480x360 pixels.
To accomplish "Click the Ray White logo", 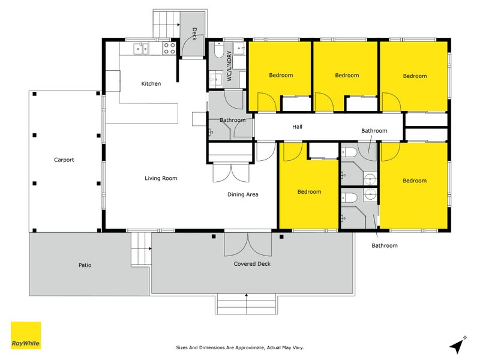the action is (26, 335).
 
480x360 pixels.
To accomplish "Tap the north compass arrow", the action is (457, 345).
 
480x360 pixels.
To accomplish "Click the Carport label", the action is (64, 160).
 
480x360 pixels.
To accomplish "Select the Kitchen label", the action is (151, 83).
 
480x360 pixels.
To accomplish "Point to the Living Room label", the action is (161, 178).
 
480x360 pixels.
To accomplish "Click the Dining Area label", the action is (243, 194).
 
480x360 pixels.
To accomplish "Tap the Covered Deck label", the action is (252, 263).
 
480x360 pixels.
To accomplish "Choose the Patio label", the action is (85, 265).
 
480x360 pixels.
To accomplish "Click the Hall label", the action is (297, 127).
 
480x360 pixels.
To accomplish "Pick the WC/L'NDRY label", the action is (229, 66).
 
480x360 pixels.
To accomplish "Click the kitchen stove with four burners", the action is (169, 48).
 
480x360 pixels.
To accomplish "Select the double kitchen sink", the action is (141, 49).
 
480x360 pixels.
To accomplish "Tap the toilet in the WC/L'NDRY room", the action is (219, 50).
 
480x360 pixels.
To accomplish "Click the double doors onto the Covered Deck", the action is (248, 244).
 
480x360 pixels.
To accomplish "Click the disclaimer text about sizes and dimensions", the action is (239, 347).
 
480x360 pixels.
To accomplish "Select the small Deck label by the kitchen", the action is (194, 34).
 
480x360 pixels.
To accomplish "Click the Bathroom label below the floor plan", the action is (385, 245).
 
